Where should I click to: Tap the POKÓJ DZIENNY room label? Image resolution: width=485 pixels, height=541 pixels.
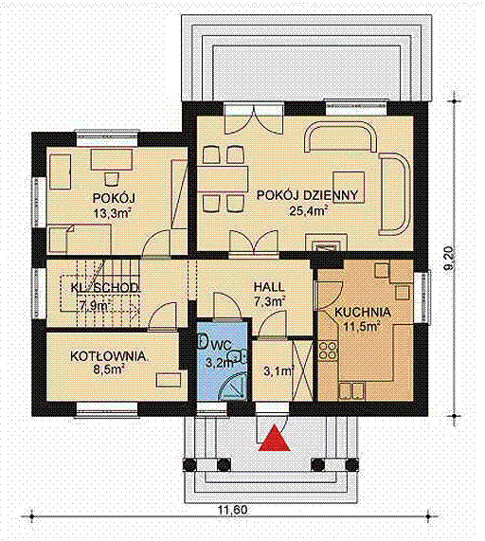click(x=307, y=195)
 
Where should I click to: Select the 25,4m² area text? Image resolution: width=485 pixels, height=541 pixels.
click(x=308, y=210)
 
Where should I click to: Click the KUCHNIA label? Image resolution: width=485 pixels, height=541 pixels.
click(x=363, y=313)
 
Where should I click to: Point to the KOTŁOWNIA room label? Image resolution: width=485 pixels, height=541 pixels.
click(x=108, y=356)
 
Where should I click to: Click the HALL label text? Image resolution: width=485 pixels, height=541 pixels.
click(x=269, y=287)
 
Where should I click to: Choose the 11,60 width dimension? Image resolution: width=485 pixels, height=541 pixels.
click(x=232, y=510)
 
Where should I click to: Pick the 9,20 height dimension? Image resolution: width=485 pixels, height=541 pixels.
click(x=450, y=260)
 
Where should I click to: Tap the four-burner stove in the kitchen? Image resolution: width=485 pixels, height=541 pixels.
click(x=328, y=351)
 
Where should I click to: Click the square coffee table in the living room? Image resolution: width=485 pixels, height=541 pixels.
click(x=349, y=188)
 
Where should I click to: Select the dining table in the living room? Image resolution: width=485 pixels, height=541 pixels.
click(x=223, y=179)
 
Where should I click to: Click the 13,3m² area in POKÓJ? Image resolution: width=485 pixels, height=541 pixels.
click(x=114, y=213)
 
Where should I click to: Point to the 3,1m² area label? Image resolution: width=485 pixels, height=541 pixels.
click(x=278, y=370)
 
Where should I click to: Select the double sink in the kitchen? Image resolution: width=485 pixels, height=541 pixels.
click(x=351, y=391)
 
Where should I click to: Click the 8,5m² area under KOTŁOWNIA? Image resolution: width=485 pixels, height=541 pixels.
click(x=108, y=370)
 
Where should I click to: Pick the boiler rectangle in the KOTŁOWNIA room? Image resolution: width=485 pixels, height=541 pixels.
click(x=169, y=380)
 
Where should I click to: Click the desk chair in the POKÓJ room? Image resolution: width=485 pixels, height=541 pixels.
click(x=111, y=179)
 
